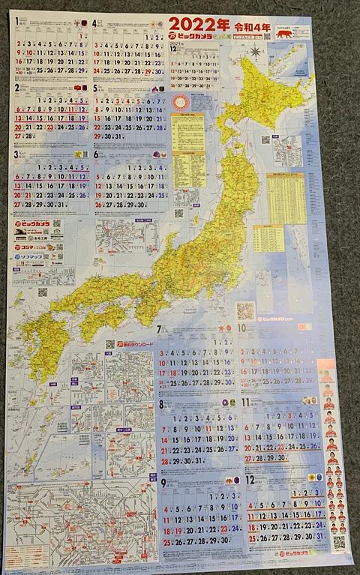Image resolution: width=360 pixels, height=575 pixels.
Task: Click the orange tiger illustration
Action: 284,34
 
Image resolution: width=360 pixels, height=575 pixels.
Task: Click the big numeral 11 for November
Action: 245,403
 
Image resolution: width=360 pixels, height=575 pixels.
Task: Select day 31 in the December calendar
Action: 313,538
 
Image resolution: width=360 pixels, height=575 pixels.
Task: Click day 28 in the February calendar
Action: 29,136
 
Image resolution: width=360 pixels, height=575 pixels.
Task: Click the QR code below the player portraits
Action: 339,541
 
